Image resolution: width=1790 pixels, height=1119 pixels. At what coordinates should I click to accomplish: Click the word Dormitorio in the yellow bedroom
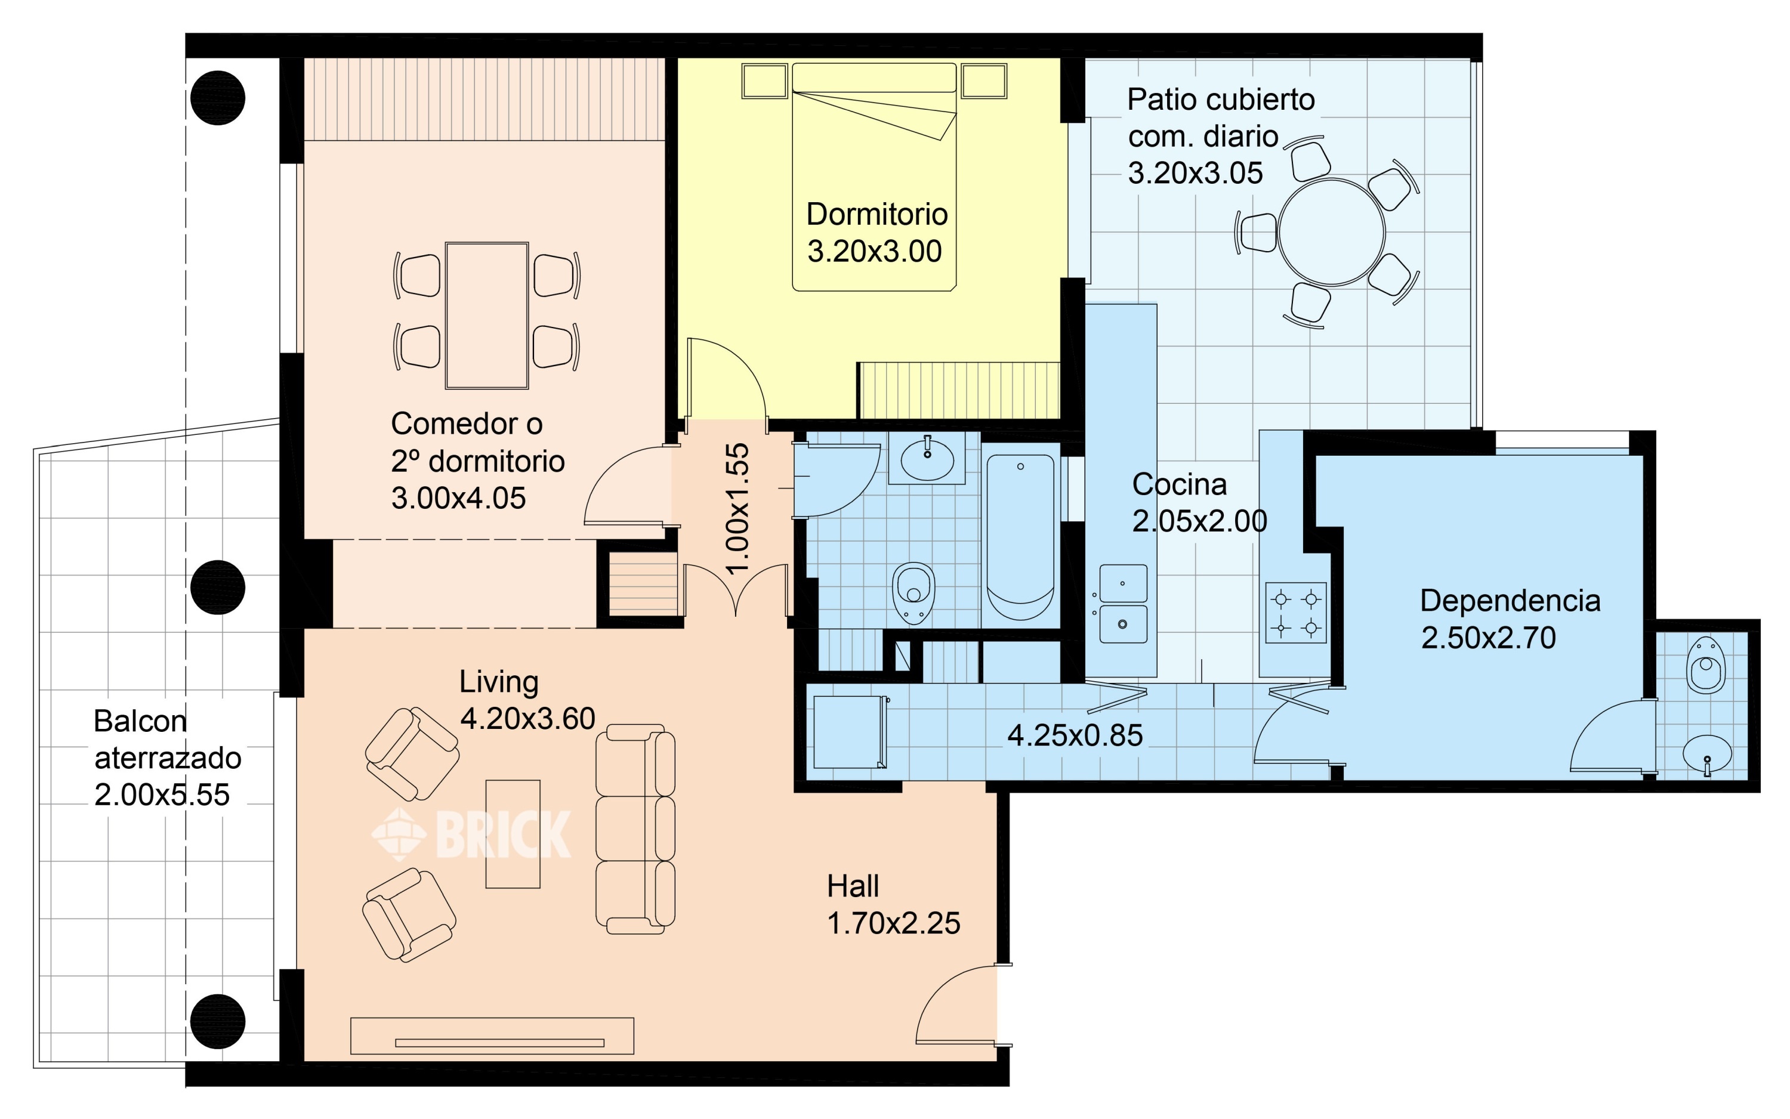pyautogui.click(x=877, y=215)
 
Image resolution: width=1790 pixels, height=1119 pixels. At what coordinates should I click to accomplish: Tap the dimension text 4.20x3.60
pyautogui.click(x=527, y=719)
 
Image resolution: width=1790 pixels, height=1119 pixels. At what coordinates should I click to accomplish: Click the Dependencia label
pyautogui.click(x=1510, y=601)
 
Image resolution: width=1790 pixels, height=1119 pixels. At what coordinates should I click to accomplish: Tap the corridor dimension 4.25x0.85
pyautogui.click(x=1075, y=735)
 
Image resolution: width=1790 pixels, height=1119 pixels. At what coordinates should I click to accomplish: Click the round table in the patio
pyautogui.click(x=1331, y=231)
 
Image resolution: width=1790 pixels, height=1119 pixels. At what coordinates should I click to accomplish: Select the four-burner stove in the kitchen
pyautogui.click(x=1295, y=612)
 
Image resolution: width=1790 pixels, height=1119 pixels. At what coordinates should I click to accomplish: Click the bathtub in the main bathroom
pyautogui.click(x=1020, y=537)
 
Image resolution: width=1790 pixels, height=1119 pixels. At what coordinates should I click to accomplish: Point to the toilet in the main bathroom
pyautogui.click(x=914, y=592)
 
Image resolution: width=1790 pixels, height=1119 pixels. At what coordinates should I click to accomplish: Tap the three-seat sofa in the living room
pyautogui.click(x=636, y=828)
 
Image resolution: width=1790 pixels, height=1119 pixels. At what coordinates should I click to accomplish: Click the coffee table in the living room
pyautogui.click(x=513, y=833)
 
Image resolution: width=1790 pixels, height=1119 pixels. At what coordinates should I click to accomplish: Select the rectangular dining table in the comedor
pyautogui.click(x=487, y=316)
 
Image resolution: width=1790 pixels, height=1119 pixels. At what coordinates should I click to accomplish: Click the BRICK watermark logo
pyautogui.click(x=471, y=834)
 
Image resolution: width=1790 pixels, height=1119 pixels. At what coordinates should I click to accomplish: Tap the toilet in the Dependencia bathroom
pyautogui.click(x=1706, y=664)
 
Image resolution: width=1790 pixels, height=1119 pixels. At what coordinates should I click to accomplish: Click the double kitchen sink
pyautogui.click(x=1123, y=603)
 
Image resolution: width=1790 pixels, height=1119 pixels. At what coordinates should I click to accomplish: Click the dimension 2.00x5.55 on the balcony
pyautogui.click(x=162, y=795)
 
